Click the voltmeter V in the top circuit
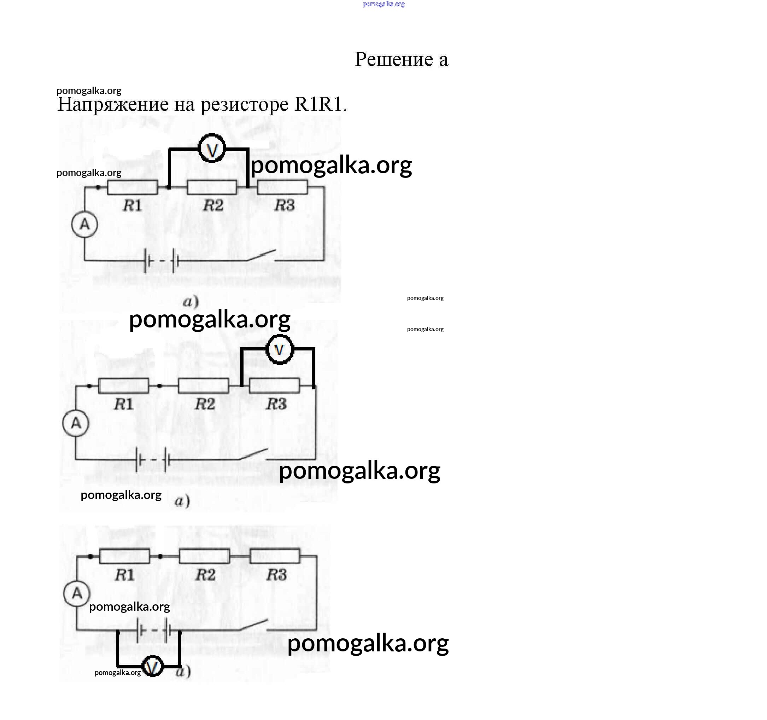click(x=211, y=149)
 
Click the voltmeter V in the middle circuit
click(x=279, y=349)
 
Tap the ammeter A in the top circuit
click(x=84, y=224)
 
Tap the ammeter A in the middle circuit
click(x=76, y=423)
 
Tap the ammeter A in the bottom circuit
click(x=77, y=593)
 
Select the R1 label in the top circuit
click(x=132, y=205)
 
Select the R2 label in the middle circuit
click(x=205, y=404)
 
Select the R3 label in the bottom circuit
click(x=277, y=574)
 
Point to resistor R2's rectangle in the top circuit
click(x=212, y=187)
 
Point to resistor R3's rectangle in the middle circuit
click(x=274, y=386)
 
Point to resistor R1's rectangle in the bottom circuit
click(x=125, y=556)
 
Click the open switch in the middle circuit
click(x=253, y=454)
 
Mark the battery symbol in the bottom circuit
click(x=153, y=631)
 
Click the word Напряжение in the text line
click(x=113, y=104)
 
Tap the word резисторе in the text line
click(x=245, y=104)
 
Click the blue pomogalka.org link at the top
click(x=383, y=4)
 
